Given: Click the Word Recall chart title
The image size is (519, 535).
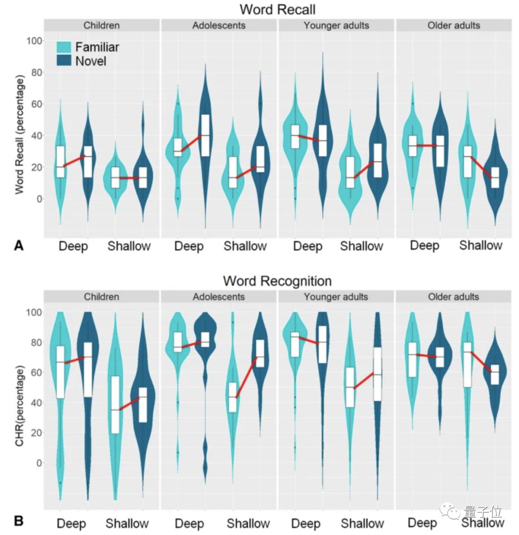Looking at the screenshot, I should (277, 9).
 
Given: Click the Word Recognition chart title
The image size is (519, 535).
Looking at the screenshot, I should (277, 280).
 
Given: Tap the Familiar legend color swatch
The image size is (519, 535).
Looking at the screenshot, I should (64, 47).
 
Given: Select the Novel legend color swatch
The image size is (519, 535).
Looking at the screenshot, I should (64, 61).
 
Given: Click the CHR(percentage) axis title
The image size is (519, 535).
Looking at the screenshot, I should (19, 405).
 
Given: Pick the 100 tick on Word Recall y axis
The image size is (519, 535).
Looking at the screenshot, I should (35, 40).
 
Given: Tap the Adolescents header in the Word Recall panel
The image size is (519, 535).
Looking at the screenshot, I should (219, 25).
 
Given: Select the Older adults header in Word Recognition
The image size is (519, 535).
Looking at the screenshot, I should (453, 297).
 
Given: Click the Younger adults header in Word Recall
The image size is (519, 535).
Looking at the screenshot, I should (336, 25).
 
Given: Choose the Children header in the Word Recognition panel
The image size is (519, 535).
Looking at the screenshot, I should (101, 297).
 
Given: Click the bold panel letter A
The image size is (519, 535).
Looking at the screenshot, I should (19, 246).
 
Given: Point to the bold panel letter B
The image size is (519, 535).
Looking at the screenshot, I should (19, 521).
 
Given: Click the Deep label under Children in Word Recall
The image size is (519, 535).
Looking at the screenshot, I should (73, 246).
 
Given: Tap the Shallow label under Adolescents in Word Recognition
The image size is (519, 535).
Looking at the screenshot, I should (248, 523).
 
